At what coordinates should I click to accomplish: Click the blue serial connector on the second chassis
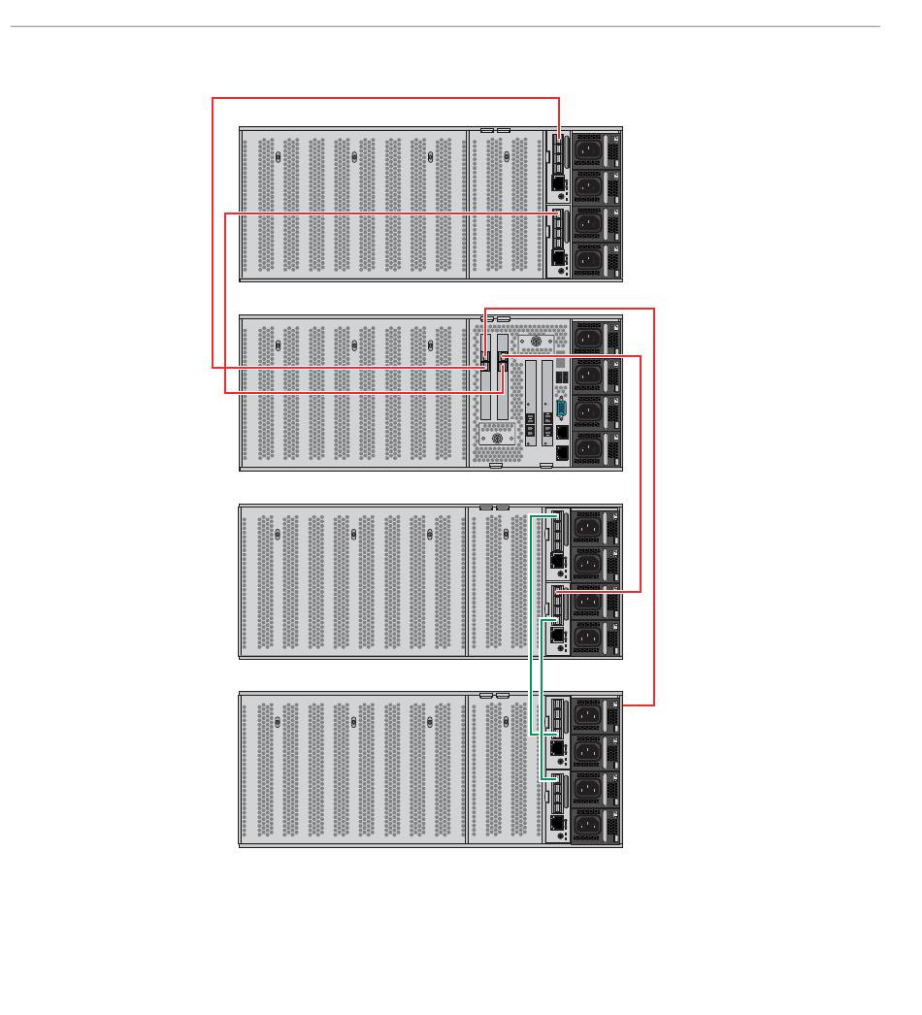(x=562, y=407)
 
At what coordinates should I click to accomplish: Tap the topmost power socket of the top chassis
(x=587, y=150)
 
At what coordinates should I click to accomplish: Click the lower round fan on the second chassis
(x=498, y=439)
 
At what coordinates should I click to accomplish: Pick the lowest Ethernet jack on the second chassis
(x=563, y=452)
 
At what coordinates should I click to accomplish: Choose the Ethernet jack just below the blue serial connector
(x=563, y=432)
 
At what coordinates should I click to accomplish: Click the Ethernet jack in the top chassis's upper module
(x=557, y=182)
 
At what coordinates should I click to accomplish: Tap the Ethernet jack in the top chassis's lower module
(x=557, y=257)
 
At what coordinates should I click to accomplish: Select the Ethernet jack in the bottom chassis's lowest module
(x=557, y=822)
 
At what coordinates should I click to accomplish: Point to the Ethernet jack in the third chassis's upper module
(x=557, y=560)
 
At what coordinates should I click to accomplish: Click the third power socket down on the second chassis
(x=587, y=411)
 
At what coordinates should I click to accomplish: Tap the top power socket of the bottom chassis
(x=587, y=716)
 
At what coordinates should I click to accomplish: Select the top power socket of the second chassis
(x=587, y=338)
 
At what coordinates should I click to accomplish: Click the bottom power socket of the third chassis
(x=587, y=638)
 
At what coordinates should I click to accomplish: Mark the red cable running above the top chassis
(x=388, y=98)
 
